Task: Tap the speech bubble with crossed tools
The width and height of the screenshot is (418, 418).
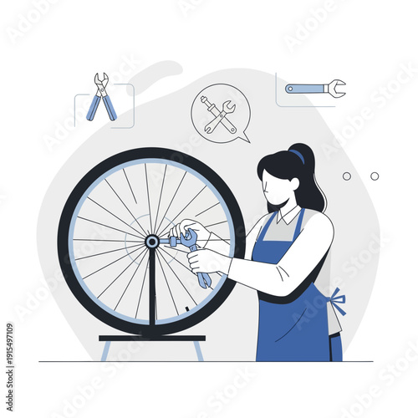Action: (x=219, y=116)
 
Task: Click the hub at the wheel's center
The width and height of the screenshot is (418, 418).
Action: (x=152, y=241)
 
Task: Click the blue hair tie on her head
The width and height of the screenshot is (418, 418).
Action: (x=297, y=155)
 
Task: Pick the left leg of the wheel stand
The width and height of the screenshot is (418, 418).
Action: (x=104, y=350)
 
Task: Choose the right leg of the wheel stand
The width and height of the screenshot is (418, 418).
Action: (x=197, y=350)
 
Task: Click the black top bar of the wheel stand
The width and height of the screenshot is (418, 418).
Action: (x=152, y=338)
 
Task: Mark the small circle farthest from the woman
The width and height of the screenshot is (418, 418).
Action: (x=375, y=176)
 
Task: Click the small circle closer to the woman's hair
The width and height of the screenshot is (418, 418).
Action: (x=347, y=176)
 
